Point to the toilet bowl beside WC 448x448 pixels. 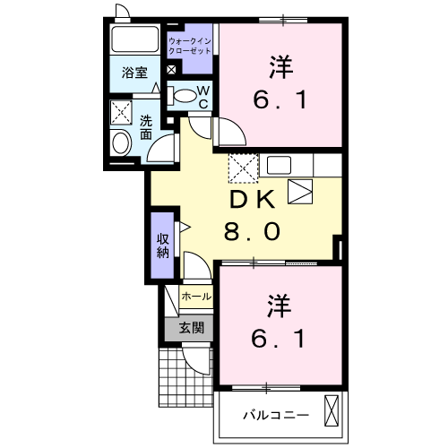184,95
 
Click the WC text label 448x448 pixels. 203,97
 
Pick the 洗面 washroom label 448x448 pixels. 144,128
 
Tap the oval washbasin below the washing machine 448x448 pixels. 120,142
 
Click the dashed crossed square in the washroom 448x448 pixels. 120,113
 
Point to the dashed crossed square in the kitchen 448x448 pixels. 242,168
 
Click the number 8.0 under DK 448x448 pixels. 252,231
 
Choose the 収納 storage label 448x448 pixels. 163,245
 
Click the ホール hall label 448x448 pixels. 196,296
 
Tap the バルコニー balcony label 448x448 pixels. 276,415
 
